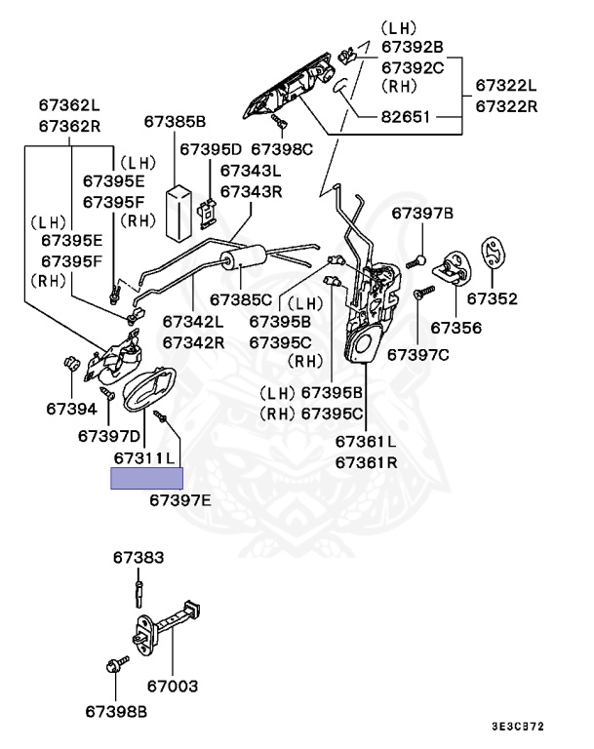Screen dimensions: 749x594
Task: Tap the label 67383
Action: coord(138,558)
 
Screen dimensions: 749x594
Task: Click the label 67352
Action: coord(492,298)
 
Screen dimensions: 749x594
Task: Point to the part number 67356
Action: coord(455,328)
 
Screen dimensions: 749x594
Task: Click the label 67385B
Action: coord(176,122)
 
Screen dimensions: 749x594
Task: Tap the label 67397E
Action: coord(180,500)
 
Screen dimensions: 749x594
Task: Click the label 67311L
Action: coord(144,456)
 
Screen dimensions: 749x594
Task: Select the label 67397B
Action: coord(423,213)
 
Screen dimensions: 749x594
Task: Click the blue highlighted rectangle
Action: coord(146,478)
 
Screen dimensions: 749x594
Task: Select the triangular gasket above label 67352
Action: coord(495,253)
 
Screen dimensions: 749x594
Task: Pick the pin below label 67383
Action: coord(139,589)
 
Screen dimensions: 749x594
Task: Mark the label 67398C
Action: coord(282,149)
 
